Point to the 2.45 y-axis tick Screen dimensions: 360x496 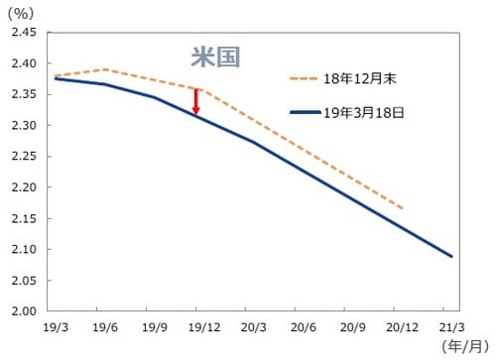23,33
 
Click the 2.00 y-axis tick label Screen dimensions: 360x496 23,311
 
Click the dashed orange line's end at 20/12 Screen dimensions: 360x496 403,208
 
